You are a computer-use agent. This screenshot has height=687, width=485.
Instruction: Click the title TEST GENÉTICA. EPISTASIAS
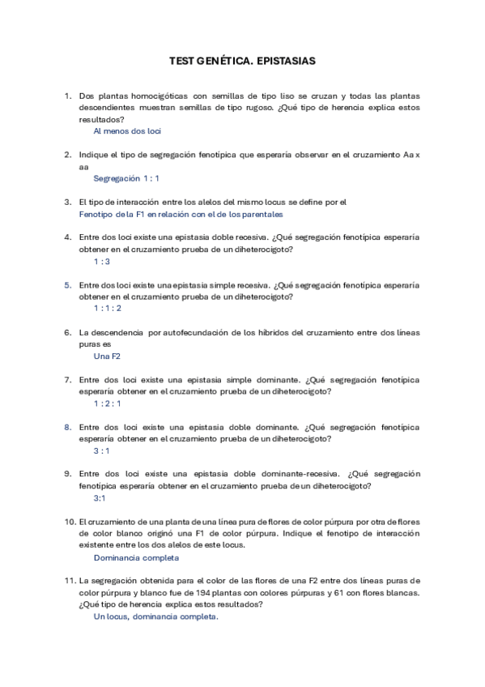[x=242, y=61]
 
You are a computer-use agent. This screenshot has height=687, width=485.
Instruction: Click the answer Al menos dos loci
[x=127, y=130]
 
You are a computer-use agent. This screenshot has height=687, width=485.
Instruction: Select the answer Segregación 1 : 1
[x=126, y=177]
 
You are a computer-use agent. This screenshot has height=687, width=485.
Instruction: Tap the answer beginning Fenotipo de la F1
[x=181, y=214]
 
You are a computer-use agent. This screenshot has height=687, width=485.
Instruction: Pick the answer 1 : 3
[x=101, y=261]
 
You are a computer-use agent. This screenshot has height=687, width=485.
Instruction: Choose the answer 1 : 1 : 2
[x=107, y=308]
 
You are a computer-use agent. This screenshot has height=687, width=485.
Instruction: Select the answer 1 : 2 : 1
[x=107, y=403]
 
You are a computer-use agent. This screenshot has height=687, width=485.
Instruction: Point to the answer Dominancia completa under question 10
[x=136, y=557]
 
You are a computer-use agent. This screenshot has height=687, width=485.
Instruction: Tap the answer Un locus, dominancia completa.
[x=155, y=616]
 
